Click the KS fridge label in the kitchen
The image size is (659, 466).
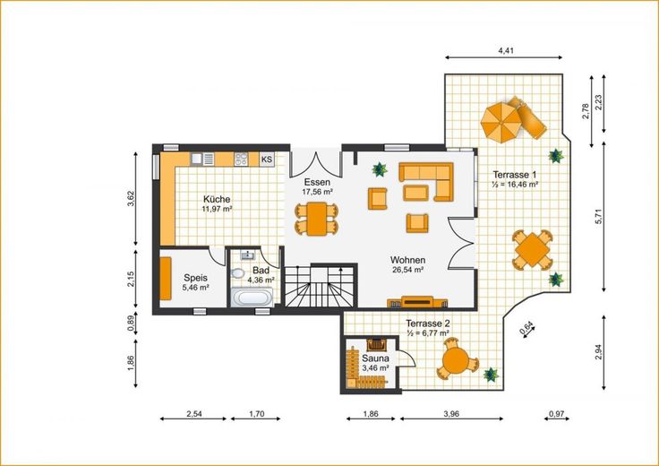click(x=267, y=160)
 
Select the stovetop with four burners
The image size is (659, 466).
click(x=241, y=159)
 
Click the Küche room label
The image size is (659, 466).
click(x=217, y=199)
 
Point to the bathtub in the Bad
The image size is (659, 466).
click(x=252, y=298)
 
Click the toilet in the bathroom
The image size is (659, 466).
click(x=237, y=273)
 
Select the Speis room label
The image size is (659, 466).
click(x=196, y=278)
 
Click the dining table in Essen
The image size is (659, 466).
click(x=316, y=219)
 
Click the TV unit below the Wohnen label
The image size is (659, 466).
click(x=417, y=302)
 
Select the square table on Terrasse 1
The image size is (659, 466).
click(x=532, y=249)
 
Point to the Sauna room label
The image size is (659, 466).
click(x=375, y=358)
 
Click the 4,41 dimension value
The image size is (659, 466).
click(x=506, y=51)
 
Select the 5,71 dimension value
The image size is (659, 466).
click(x=599, y=217)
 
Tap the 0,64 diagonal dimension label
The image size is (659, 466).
click(x=526, y=328)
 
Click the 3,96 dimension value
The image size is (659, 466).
click(x=451, y=414)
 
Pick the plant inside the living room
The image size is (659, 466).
click(x=380, y=169)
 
